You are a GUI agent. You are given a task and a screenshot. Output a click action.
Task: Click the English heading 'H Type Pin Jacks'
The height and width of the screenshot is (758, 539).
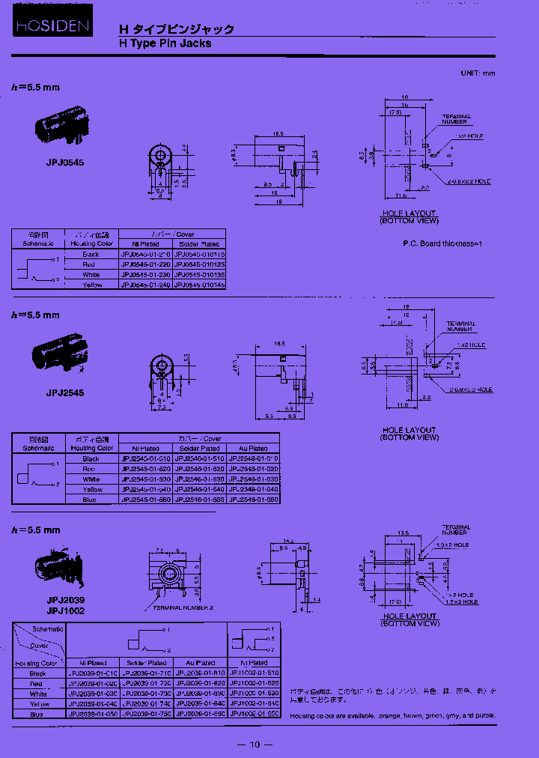[165, 43]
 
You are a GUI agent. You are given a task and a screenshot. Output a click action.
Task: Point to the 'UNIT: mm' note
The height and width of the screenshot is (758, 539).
[478, 73]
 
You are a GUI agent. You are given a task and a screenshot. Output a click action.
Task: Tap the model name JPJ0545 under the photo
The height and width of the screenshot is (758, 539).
[65, 161]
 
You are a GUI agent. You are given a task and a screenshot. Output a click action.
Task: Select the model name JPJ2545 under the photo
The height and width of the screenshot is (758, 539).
[65, 392]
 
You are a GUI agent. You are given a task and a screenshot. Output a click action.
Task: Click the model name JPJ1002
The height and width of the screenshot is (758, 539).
[65, 611]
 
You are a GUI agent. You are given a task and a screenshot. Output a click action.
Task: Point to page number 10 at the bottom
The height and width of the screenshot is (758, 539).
[254, 744]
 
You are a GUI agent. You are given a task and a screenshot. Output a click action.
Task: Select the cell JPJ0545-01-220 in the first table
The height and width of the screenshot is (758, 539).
[146, 264]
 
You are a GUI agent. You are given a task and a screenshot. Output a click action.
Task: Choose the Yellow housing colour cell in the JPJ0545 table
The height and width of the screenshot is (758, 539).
[91, 285]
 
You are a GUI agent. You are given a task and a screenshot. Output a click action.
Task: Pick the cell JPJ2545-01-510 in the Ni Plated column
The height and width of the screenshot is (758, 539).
[145, 458]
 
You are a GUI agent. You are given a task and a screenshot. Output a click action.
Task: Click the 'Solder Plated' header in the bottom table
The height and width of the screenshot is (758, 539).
[147, 663]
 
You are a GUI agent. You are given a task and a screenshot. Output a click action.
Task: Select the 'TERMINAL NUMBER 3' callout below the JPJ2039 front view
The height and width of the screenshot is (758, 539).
[183, 608]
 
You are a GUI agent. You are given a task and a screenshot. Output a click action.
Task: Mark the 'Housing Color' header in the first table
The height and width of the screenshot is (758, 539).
[91, 243]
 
